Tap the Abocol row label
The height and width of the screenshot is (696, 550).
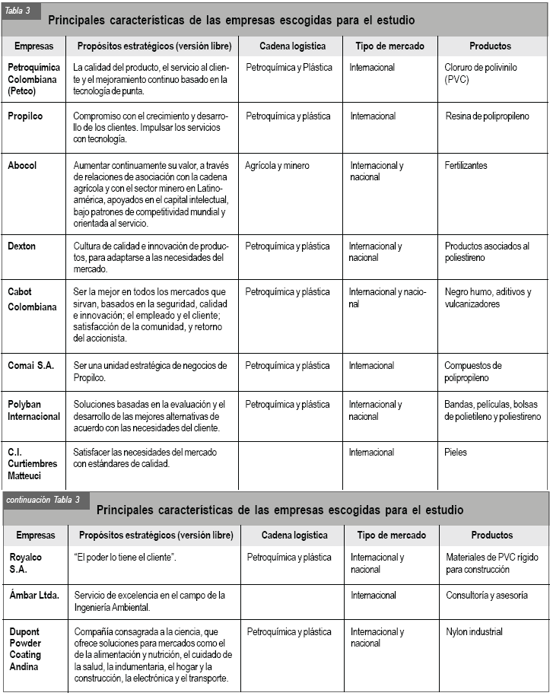(x=22, y=165)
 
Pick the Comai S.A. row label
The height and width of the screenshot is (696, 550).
(x=31, y=366)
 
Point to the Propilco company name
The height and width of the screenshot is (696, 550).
(x=25, y=116)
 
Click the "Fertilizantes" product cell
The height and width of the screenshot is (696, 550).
(x=466, y=165)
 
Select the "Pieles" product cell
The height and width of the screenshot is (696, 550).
(x=456, y=453)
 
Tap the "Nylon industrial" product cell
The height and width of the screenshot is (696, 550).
(x=475, y=631)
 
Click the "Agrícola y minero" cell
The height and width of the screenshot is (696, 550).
(x=277, y=165)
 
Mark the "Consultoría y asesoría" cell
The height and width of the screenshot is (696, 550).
(x=487, y=595)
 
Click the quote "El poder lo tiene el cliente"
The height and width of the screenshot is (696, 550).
(x=126, y=558)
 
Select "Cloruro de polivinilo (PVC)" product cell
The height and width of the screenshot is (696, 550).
(x=480, y=73)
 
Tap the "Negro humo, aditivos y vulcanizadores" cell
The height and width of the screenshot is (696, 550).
(x=488, y=298)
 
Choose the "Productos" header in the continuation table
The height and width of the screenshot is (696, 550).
(x=491, y=536)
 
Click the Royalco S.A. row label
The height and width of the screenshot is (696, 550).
(x=26, y=563)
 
